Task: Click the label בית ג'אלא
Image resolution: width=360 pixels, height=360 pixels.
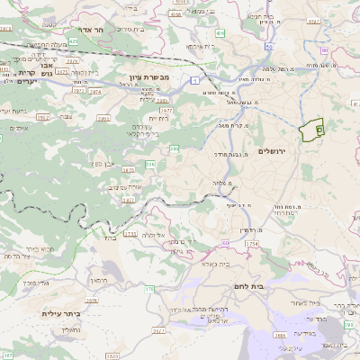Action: coord(219,264)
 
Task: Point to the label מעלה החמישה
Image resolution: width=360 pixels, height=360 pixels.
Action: coord(42,44)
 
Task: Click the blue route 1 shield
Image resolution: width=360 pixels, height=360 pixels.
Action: coord(193,81)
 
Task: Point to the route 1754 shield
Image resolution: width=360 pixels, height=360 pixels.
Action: coord(251,243)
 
